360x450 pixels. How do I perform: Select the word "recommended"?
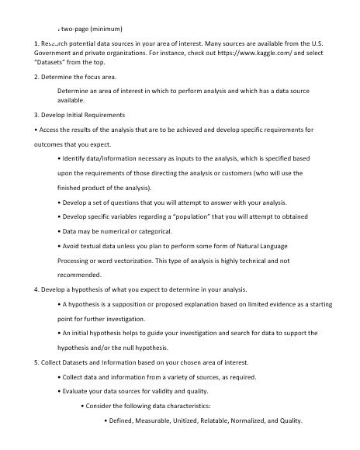79,275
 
